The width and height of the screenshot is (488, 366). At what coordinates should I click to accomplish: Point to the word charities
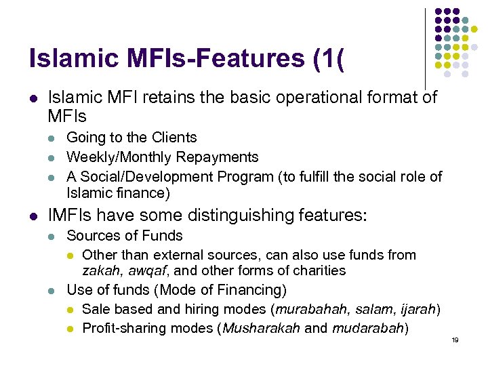pos(317,270)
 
